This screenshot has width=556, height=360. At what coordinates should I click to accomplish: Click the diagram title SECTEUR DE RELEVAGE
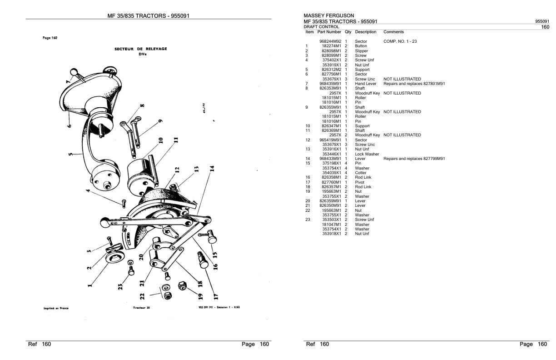[x=140, y=49]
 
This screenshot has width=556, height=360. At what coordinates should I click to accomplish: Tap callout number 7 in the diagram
[x=69, y=81]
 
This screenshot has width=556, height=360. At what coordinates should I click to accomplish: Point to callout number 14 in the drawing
[x=212, y=168]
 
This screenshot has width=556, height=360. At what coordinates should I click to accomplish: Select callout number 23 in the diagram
[x=120, y=287]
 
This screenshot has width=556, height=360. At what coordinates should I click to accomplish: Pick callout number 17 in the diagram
[x=216, y=295]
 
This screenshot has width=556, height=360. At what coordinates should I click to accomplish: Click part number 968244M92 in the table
[x=330, y=41]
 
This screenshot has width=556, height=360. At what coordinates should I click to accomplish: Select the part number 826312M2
[x=332, y=70]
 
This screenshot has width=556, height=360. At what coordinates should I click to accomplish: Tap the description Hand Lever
[x=366, y=84]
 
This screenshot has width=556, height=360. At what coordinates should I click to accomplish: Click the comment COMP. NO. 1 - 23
[x=400, y=41]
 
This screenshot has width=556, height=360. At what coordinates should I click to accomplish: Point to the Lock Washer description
[x=367, y=154]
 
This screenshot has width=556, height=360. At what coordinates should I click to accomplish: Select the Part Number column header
[x=329, y=32]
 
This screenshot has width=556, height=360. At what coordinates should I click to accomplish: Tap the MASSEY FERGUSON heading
[x=328, y=15]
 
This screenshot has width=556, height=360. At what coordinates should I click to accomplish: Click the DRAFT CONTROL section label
[x=321, y=27]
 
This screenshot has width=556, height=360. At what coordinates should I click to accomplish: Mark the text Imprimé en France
[x=56, y=308]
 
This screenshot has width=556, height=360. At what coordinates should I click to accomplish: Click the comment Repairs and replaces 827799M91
[x=414, y=159]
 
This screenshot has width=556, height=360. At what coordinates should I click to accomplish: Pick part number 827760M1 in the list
[x=332, y=182]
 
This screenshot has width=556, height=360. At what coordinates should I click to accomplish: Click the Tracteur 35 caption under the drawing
[x=139, y=308]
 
